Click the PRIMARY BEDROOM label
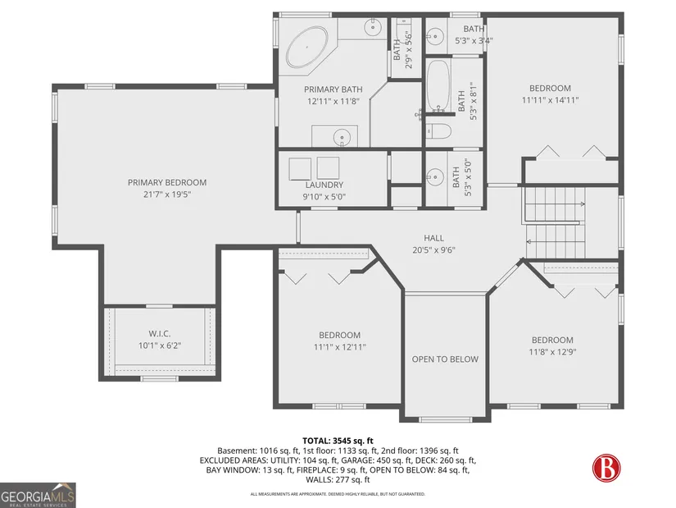point(167,182)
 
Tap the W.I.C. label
point(160,333)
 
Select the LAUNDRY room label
point(324,185)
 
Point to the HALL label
point(433,238)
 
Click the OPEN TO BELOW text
point(445,359)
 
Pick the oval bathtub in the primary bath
point(307,47)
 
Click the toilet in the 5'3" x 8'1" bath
point(438,130)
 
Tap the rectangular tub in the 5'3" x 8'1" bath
point(438,86)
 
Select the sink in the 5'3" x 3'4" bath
point(435,36)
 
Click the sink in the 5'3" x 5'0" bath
point(435,177)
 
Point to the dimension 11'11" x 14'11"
point(550,100)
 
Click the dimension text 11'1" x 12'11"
point(340,347)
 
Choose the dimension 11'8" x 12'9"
point(552,352)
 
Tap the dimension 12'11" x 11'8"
point(333,102)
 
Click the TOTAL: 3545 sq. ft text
point(338,441)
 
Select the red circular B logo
point(606,468)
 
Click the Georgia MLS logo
point(38,495)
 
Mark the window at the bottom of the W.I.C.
point(160,379)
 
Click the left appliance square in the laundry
point(300,169)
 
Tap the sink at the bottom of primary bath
point(342,137)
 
